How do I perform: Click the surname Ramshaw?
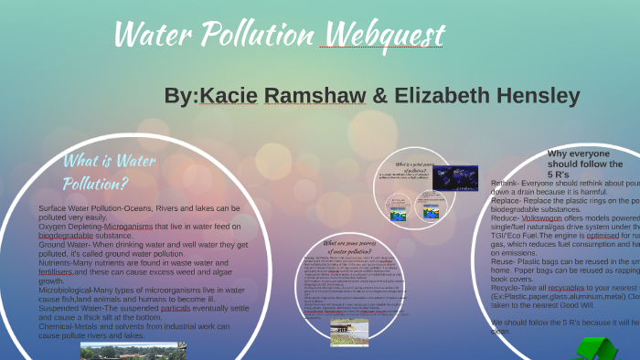[x=315, y=96]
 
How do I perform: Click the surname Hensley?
[x=539, y=96]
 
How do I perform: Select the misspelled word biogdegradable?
[x=72, y=235]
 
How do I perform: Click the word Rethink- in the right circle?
[x=509, y=183]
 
